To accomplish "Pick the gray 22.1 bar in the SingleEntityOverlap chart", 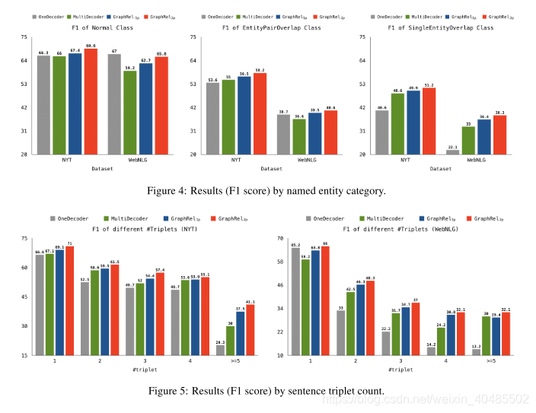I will coord(452,151).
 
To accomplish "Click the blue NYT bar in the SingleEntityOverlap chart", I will coord(413,122).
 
